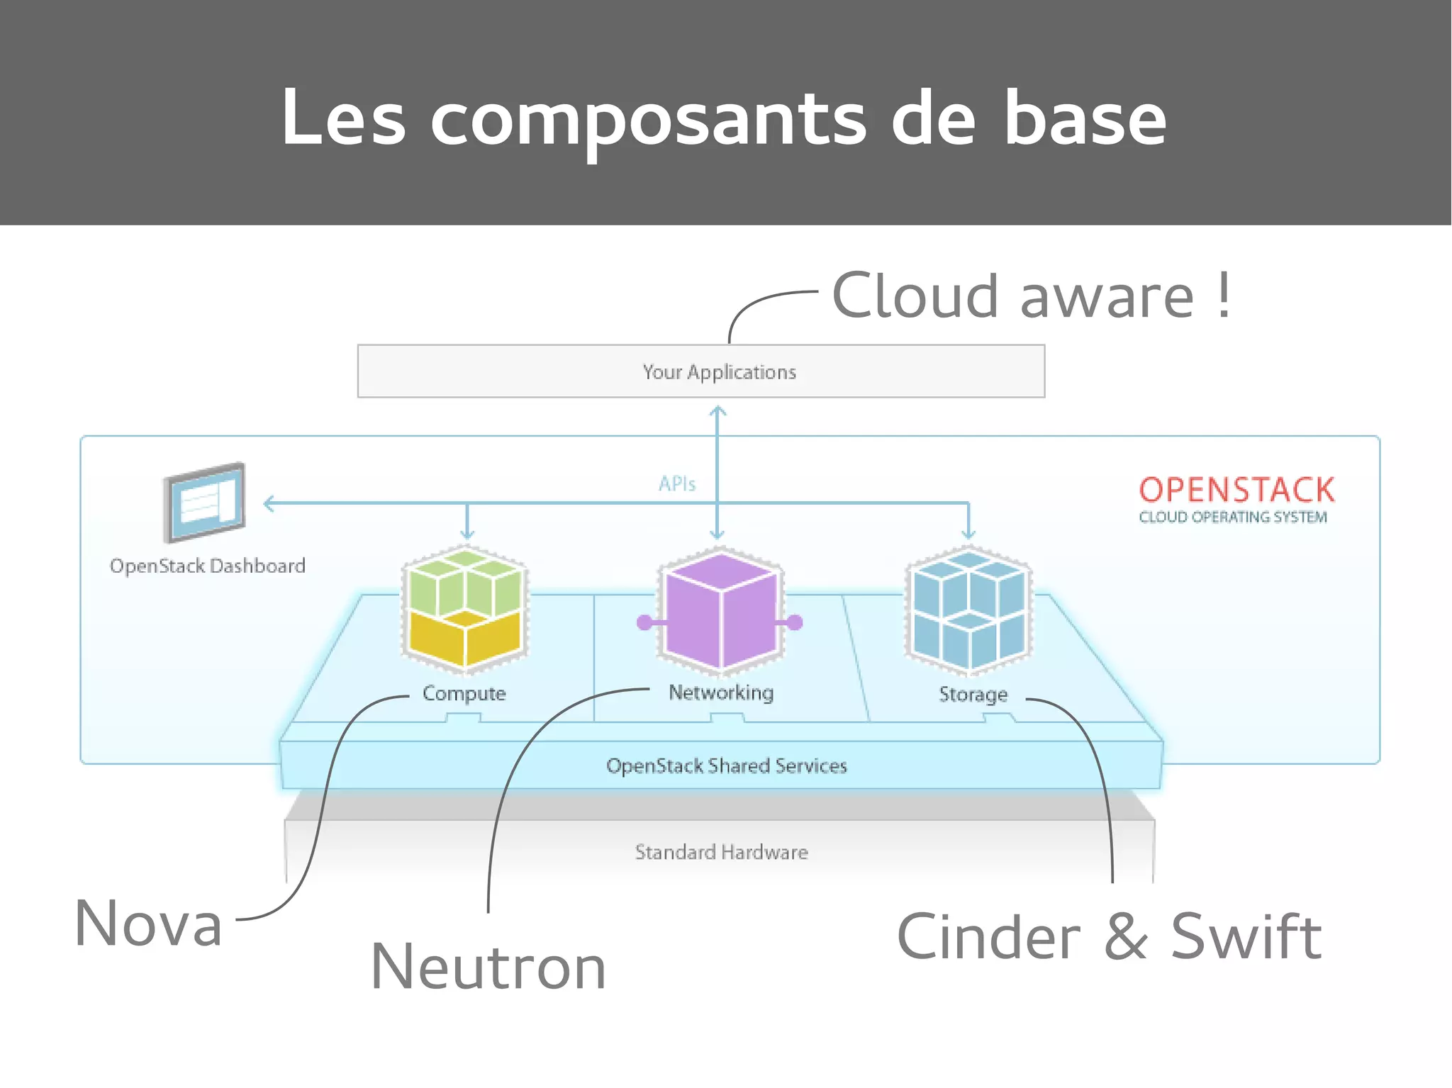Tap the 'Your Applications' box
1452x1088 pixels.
click(x=700, y=371)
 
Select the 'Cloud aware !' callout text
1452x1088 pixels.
click(x=1031, y=296)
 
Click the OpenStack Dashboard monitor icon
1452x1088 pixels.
click(x=204, y=502)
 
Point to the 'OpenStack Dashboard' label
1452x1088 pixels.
click(x=207, y=566)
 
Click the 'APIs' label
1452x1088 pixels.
click(x=677, y=484)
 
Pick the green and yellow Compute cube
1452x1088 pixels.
click(x=465, y=610)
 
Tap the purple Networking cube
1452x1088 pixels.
click(x=721, y=611)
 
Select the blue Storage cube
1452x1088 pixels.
click(x=968, y=610)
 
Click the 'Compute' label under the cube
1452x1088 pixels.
click(x=464, y=693)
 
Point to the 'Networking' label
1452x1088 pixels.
click(x=721, y=692)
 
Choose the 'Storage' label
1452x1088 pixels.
click(x=973, y=694)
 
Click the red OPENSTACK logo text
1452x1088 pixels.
click(x=1236, y=490)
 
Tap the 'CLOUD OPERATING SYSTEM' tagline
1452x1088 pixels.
click(x=1233, y=517)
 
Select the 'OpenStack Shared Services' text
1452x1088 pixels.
click(x=726, y=765)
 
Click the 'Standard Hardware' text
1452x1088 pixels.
click(x=721, y=851)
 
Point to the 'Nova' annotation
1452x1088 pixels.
click(x=149, y=923)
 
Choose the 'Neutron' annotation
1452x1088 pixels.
click(x=488, y=967)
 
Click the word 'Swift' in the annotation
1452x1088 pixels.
click(x=1246, y=937)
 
